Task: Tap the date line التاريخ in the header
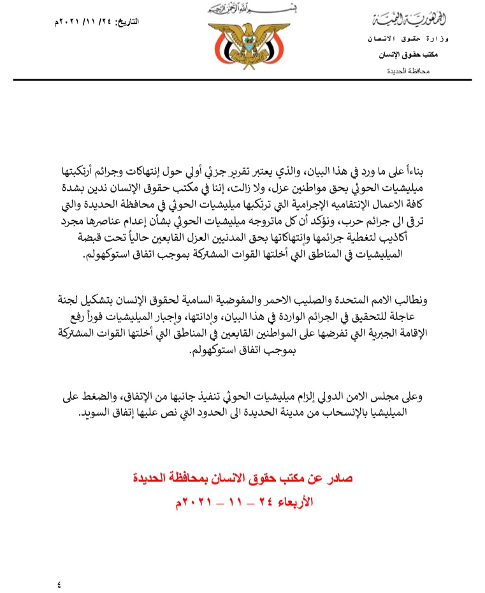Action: [98, 22]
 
